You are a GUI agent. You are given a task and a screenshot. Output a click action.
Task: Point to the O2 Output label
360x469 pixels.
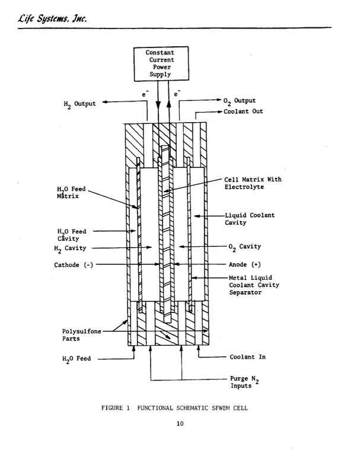coord(240,101)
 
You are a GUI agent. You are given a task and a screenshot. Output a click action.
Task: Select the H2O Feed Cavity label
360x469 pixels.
coord(71,235)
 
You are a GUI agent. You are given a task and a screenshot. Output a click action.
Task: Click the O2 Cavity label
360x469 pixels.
coord(244,246)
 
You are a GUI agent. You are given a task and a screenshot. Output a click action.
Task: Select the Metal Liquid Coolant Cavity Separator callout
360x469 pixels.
coord(253,285)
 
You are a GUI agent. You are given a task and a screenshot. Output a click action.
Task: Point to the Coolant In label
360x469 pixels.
coord(247,357)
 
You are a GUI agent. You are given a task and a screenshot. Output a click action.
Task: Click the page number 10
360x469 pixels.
coord(180,423)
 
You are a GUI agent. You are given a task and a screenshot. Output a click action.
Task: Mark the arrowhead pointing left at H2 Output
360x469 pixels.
coord(105,102)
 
